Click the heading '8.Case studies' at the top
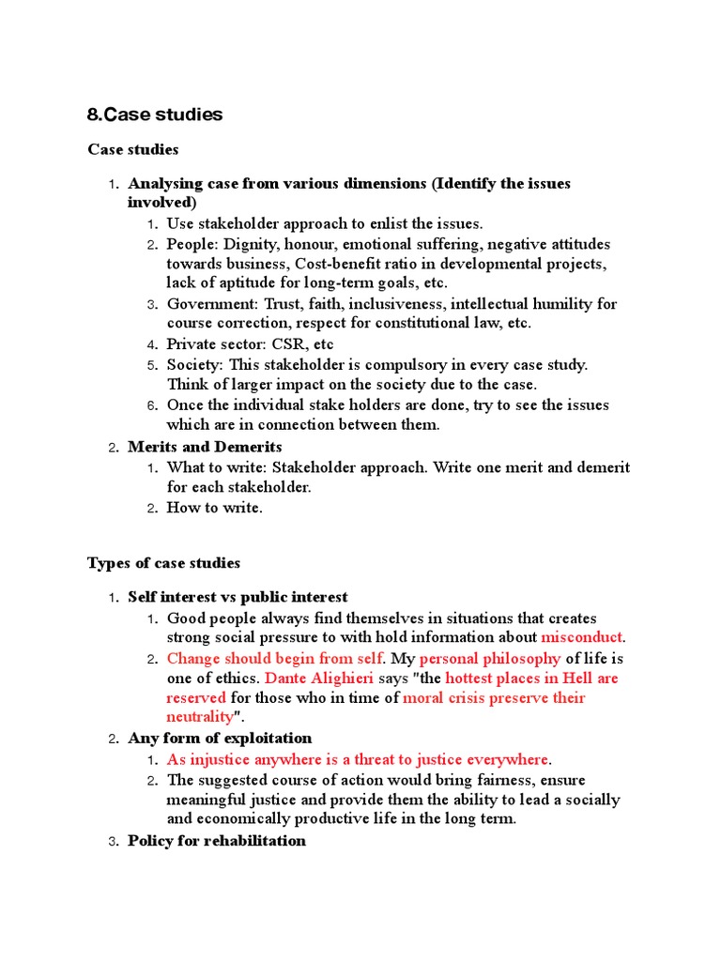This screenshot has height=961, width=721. click(x=154, y=114)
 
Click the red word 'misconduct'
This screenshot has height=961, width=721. click(x=582, y=638)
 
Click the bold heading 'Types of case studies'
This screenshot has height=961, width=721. click(x=163, y=563)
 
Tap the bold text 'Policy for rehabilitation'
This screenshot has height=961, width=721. click(x=217, y=841)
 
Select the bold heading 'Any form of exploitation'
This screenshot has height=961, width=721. click(x=220, y=739)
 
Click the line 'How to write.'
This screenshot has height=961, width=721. click(x=215, y=508)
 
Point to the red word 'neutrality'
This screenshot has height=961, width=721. click(x=200, y=718)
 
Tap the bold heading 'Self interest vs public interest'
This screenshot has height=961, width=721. click(x=238, y=597)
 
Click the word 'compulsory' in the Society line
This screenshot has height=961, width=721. click(x=421, y=365)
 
